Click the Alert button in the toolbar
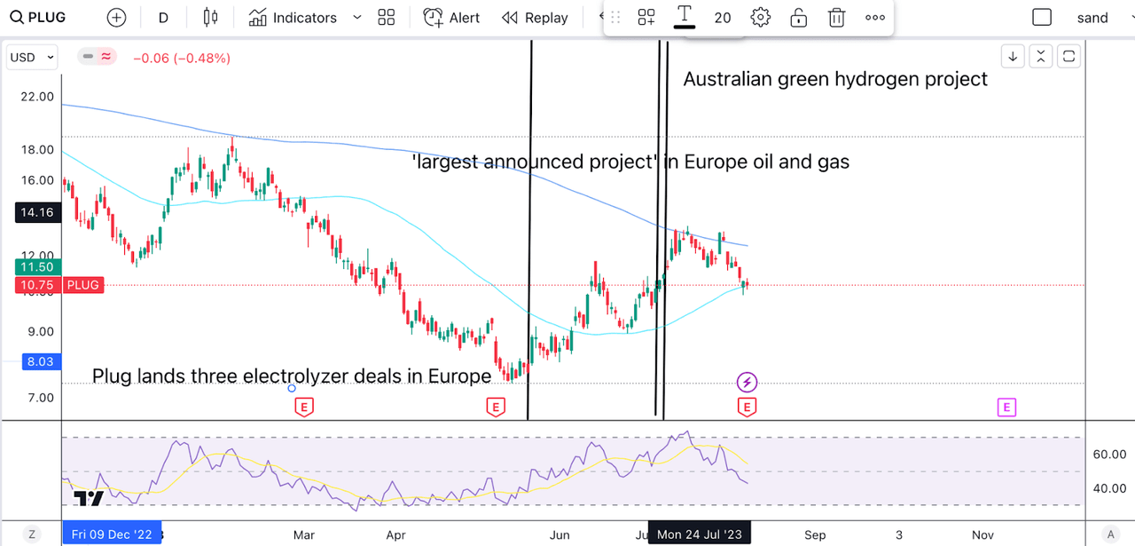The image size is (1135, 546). [451, 18]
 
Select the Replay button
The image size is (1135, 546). [535, 18]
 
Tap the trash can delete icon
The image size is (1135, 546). [836, 18]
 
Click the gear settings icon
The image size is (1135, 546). [760, 18]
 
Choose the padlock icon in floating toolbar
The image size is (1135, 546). [798, 18]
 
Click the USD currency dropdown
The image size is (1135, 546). [32, 58]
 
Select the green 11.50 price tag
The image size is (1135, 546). [32, 266]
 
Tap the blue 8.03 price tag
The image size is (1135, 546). [32, 361]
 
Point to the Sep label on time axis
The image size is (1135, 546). [815, 534]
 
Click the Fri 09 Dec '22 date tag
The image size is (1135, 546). [112, 534]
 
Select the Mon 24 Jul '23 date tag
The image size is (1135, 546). [701, 534]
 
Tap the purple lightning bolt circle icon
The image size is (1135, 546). [747, 383]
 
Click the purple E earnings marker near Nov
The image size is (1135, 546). [1006, 408]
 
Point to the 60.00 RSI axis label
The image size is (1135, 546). [1108, 454]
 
